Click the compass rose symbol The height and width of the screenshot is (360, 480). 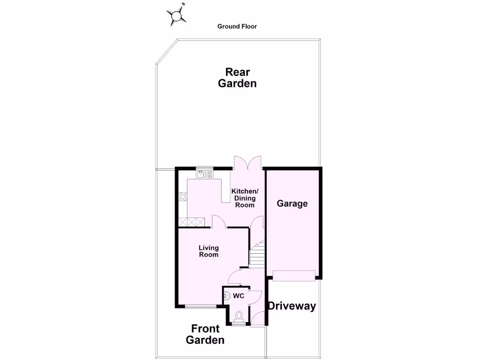[177, 17]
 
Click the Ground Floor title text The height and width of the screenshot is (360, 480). [237, 27]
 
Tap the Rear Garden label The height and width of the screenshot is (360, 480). [241, 78]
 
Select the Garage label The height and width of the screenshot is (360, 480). [292, 203]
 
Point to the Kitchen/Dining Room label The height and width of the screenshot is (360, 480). [245, 198]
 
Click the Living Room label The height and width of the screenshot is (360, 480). [209, 251]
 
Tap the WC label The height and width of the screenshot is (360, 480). [239, 296]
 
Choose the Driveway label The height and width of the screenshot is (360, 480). [292, 307]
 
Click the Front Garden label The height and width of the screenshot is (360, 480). [205, 334]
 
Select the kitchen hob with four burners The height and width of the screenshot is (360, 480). [182, 197]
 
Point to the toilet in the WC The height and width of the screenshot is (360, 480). [239, 316]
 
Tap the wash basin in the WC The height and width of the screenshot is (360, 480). [227, 296]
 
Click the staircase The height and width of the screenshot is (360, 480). [256, 254]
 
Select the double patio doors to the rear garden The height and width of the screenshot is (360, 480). [248, 163]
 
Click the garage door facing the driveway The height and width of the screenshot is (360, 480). [294, 276]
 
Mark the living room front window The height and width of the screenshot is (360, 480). [201, 307]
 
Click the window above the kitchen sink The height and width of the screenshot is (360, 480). [204, 168]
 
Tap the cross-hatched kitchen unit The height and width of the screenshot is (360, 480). [192, 222]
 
